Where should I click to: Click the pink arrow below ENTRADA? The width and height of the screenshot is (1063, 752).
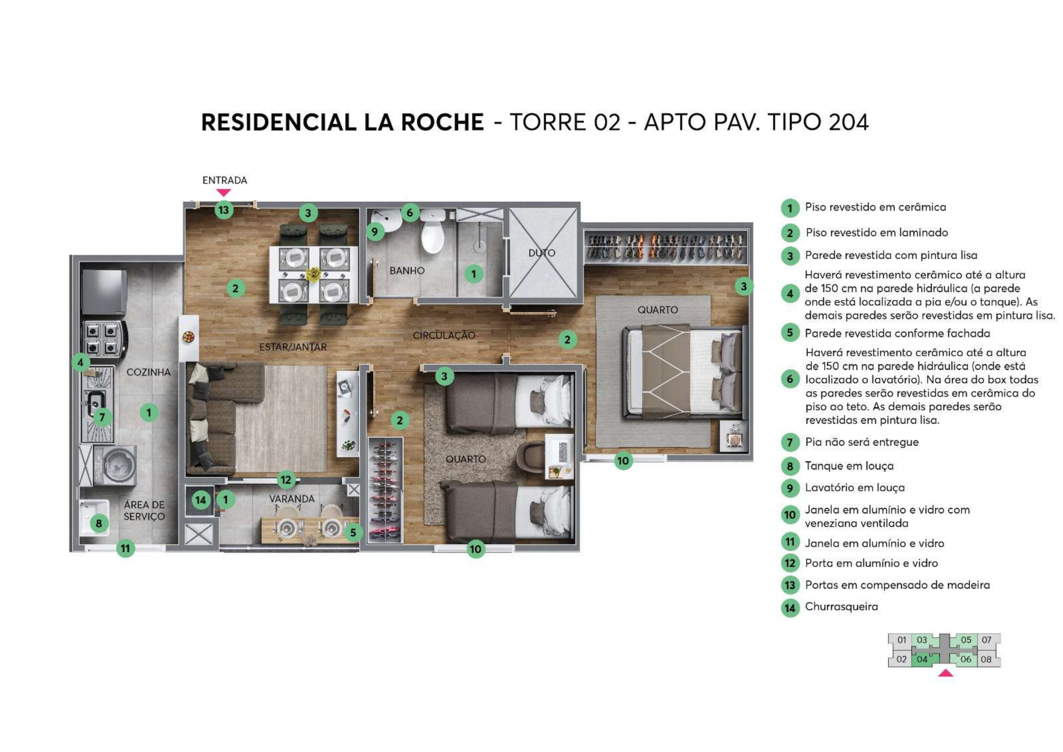[224, 192]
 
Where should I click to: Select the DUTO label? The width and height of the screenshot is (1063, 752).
[542, 253]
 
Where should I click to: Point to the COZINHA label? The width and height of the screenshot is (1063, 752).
[149, 372]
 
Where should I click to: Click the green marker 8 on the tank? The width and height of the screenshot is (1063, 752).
[99, 524]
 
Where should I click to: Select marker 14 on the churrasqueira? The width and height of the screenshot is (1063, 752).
[201, 500]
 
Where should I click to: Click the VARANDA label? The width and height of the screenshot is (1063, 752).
[292, 499]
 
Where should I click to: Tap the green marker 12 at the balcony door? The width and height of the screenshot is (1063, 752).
[286, 480]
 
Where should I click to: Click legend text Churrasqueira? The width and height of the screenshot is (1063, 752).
[841, 606]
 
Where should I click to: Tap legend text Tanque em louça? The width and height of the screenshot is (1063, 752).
[849, 466]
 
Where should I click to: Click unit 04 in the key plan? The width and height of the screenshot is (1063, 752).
[922, 659]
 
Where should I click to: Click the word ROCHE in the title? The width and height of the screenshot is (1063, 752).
[442, 122]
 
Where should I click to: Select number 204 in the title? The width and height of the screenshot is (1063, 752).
[848, 122]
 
